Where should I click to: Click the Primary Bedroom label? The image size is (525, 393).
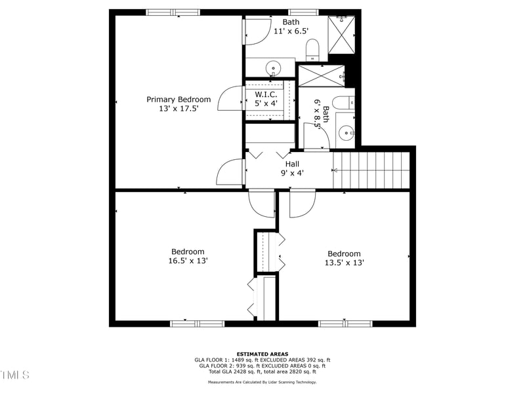click(x=178, y=100)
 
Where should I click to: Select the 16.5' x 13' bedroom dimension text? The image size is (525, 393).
click(x=188, y=261)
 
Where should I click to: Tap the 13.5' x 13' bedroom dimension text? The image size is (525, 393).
click(x=344, y=263)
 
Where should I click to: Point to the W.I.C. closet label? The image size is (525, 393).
click(x=266, y=93)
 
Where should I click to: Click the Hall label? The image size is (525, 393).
click(x=292, y=164)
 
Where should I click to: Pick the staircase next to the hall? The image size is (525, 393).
click(x=371, y=170)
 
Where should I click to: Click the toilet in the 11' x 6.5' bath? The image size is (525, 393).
click(x=313, y=48)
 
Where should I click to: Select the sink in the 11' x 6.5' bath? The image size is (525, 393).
click(x=273, y=67)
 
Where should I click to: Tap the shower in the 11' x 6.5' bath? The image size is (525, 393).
click(x=341, y=33)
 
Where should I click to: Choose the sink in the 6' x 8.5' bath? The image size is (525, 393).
click(x=346, y=133)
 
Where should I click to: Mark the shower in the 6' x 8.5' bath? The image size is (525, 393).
click(x=320, y=76)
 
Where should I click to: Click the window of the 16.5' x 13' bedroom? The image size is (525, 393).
click(x=197, y=323)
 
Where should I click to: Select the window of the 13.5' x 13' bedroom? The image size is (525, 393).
click(x=345, y=323)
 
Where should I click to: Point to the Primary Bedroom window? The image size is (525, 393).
click(x=173, y=12)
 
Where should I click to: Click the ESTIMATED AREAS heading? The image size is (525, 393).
click(x=262, y=354)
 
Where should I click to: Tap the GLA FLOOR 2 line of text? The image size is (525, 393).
click(x=262, y=365)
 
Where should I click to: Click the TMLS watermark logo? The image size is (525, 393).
click(x=14, y=375)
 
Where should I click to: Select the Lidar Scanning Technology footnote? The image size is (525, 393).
click(x=262, y=382)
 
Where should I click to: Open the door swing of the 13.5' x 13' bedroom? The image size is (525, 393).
click(x=301, y=204)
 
